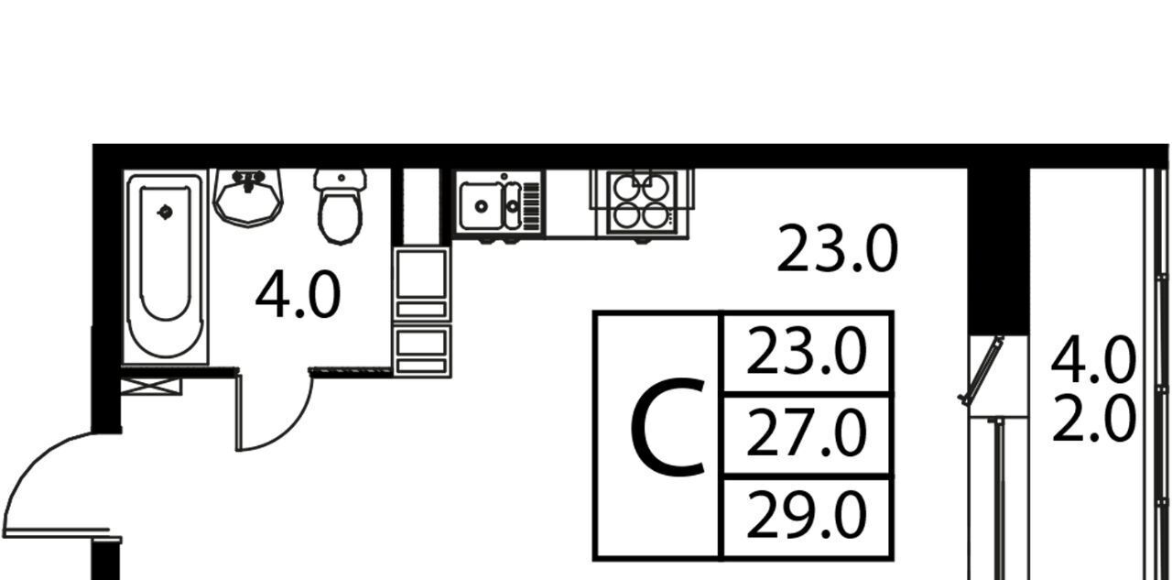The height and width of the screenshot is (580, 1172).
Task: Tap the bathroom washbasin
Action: [248, 196]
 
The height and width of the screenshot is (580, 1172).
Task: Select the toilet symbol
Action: [340, 207]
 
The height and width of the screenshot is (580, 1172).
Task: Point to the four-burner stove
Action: [641, 202]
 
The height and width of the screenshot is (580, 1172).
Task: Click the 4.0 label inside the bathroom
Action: [298, 296]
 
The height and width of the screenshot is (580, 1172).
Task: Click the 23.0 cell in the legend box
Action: [806, 354]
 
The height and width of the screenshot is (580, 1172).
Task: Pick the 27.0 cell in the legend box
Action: [806, 434]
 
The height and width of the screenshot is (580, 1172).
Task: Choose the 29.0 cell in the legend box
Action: [806, 517]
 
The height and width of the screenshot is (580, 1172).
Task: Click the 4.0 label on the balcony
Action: [1092, 360]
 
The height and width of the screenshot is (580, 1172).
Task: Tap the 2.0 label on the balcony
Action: [1092, 419]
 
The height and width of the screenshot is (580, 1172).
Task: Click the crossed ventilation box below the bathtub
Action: [151, 386]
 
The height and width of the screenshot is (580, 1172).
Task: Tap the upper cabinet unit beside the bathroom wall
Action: [421, 283]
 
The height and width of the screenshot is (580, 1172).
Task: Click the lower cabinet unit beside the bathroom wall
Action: [421, 350]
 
